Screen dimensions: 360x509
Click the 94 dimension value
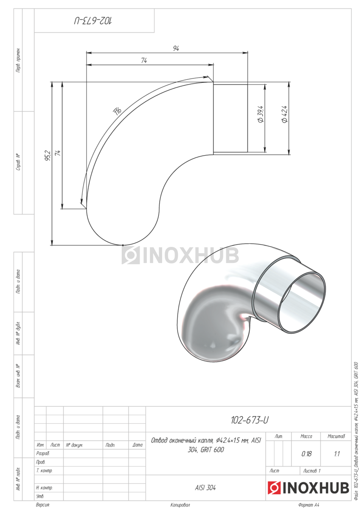coord(176,48)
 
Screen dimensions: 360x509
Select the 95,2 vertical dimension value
coord(48,156)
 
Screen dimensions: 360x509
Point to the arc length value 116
coord(118,111)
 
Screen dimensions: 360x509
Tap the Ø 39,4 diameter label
coord(261,114)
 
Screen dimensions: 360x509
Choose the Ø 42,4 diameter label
coord(284,114)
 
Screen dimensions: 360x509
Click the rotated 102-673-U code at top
coord(93,21)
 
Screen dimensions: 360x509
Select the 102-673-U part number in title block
coord(250,420)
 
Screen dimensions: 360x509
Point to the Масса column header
coord(307,436)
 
